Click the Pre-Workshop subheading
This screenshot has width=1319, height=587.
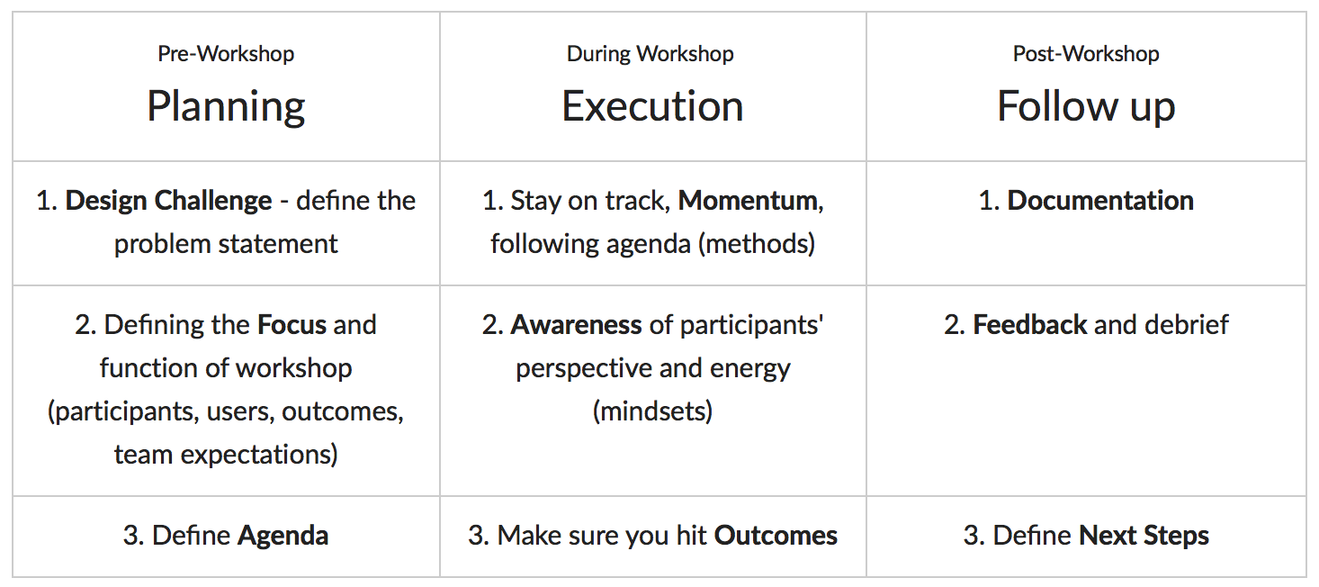pyautogui.click(x=226, y=54)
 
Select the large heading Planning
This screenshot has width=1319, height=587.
pyautogui.click(x=226, y=107)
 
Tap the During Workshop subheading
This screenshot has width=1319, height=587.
pyautogui.click(x=651, y=54)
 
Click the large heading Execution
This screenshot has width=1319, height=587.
pyautogui.click(x=652, y=106)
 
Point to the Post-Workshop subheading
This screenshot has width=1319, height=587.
pyautogui.click(x=1086, y=54)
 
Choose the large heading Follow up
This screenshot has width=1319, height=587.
pyautogui.click(x=1086, y=107)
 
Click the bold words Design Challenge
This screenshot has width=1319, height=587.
pyautogui.click(x=168, y=202)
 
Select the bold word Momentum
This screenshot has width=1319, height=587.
pyautogui.click(x=748, y=201)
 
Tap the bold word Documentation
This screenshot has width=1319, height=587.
pyautogui.click(x=1100, y=201)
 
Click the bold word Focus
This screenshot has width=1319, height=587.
pyautogui.click(x=292, y=325)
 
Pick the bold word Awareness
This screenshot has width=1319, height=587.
pyautogui.click(x=576, y=325)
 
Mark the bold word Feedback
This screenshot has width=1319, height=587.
pyautogui.click(x=1030, y=325)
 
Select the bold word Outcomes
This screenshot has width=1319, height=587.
pyautogui.click(x=776, y=536)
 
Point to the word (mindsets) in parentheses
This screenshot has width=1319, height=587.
pyautogui.click(x=652, y=411)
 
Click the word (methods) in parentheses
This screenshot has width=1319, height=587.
pyautogui.click(x=757, y=244)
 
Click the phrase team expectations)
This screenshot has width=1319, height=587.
pyautogui.click(x=226, y=455)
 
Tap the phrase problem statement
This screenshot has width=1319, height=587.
pyautogui.click(x=226, y=245)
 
